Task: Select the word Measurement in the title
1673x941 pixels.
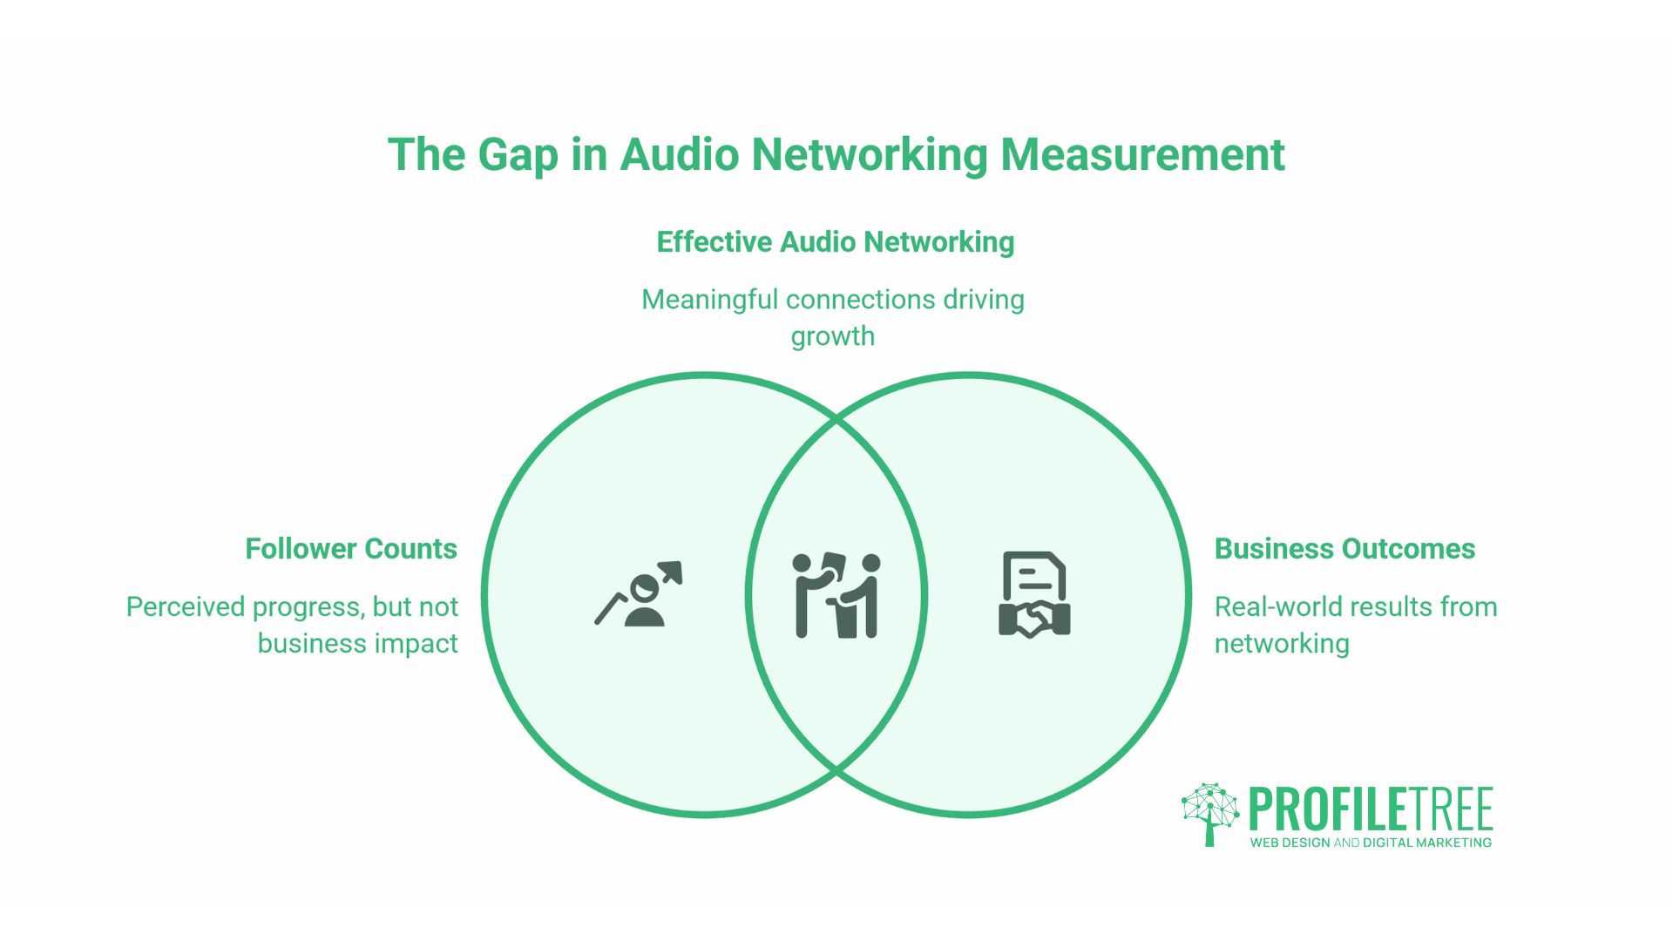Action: (1142, 155)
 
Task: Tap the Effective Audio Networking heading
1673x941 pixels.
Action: (836, 242)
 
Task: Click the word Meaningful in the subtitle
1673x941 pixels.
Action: (709, 300)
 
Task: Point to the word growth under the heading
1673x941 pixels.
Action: (832, 336)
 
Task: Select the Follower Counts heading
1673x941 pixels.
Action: (351, 549)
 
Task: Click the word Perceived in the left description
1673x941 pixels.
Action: (184, 606)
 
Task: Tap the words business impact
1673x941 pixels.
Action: (357, 643)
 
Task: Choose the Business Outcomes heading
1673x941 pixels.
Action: (1344, 549)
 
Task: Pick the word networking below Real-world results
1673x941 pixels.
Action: (1282, 644)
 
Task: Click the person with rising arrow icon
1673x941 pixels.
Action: (639, 594)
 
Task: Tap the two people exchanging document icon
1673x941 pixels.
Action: (836, 595)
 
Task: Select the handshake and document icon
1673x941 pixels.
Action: (1034, 594)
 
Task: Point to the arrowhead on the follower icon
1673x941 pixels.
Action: (672, 572)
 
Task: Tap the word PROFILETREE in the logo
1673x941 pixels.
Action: (1371, 809)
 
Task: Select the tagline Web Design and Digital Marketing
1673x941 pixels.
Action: (1371, 843)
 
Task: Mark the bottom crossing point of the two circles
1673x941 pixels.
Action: (836, 770)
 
